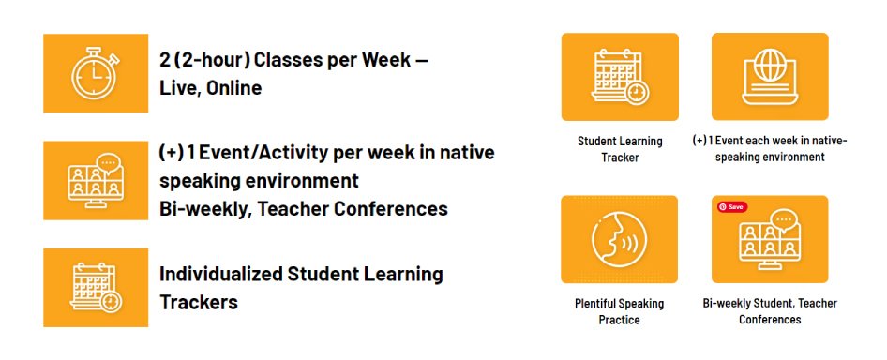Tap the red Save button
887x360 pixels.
click(732, 207)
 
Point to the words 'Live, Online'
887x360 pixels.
click(210, 88)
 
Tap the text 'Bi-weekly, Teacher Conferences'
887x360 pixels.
click(303, 209)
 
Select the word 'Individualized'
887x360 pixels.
click(221, 274)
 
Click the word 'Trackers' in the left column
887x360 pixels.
click(199, 302)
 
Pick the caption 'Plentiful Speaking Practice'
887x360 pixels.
click(620, 311)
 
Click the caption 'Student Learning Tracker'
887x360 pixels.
click(620, 149)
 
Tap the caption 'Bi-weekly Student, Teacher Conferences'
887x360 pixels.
click(770, 311)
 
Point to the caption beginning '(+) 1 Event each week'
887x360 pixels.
click(770, 149)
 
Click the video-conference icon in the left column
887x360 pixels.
click(96, 181)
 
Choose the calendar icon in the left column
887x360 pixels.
click(96, 288)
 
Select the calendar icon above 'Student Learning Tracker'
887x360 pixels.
click(621, 77)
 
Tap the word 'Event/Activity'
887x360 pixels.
click(263, 154)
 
